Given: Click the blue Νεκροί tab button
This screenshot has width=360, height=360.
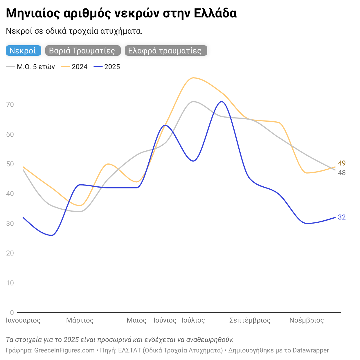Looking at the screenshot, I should point(23,51).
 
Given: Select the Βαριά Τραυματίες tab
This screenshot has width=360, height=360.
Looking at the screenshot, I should point(82,51).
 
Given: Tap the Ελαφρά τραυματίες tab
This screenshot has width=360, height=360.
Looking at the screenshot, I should point(165,51).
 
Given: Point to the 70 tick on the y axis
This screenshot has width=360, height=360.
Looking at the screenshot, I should point(10,105).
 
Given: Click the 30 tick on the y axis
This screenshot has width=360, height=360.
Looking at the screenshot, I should point(10,224).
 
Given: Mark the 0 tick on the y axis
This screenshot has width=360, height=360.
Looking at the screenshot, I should point(12,313).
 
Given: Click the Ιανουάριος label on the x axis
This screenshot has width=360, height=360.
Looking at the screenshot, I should point(23,321).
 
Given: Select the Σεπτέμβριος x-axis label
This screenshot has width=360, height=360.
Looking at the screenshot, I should point(250,321).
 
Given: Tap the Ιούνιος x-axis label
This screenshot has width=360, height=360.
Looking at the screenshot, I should point(165,321).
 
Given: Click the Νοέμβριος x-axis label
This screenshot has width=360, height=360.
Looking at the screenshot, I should point(307,321).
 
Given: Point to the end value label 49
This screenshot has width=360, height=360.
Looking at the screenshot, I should point(342,163).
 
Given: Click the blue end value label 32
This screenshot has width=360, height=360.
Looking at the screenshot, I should point(342,217).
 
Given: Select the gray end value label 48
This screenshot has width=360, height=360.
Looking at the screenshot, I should point(342,173).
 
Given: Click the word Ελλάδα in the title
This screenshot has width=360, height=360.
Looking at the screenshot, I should point(215,13).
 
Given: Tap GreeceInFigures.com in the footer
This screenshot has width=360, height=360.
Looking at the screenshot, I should point(64,350).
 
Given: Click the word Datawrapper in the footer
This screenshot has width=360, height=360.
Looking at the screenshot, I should point(311,350).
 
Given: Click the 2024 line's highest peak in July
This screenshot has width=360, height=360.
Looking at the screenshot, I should point(193,78).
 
